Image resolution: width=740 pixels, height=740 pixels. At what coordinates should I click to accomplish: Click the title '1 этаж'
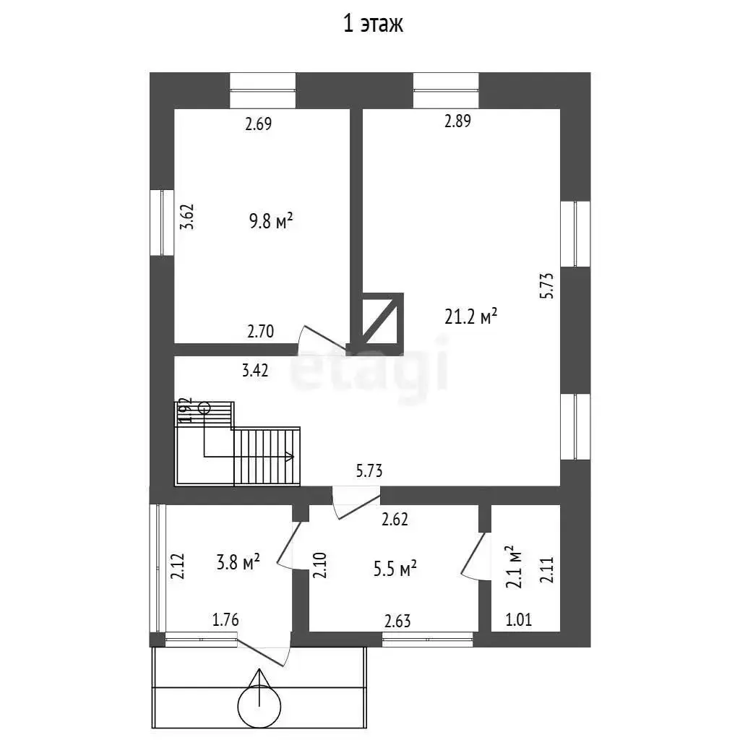(x=373, y=24)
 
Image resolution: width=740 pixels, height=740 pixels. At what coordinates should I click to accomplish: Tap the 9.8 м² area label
(x=271, y=221)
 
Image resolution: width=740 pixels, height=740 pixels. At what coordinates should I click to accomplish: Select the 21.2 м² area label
(x=471, y=317)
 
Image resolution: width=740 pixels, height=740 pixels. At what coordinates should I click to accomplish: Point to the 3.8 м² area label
(x=238, y=562)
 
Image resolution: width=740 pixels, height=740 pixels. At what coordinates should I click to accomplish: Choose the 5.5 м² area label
(x=395, y=569)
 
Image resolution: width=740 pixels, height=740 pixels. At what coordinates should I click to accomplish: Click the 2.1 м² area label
(x=514, y=567)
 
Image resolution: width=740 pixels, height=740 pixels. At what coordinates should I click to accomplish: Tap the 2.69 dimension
(x=259, y=124)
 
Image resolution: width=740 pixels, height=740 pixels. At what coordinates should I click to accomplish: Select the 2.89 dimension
(x=457, y=121)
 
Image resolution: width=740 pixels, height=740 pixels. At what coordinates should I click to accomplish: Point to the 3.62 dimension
(x=187, y=217)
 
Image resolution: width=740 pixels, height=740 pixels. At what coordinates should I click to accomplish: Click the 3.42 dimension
(x=255, y=371)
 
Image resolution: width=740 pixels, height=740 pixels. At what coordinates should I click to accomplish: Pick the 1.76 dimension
(x=225, y=619)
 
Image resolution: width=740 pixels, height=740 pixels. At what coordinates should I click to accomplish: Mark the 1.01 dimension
(x=519, y=619)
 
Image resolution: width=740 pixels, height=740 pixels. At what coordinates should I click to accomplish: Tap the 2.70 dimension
(x=260, y=331)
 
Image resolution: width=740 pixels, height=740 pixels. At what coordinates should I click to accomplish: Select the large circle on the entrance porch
(x=259, y=706)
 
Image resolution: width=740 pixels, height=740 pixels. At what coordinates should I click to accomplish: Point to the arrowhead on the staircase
(x=289, y=457)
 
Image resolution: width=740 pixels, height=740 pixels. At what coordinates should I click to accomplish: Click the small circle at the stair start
(x=205, y=408)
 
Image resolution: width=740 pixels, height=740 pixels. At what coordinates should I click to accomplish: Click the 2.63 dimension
(x=397, y=621)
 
